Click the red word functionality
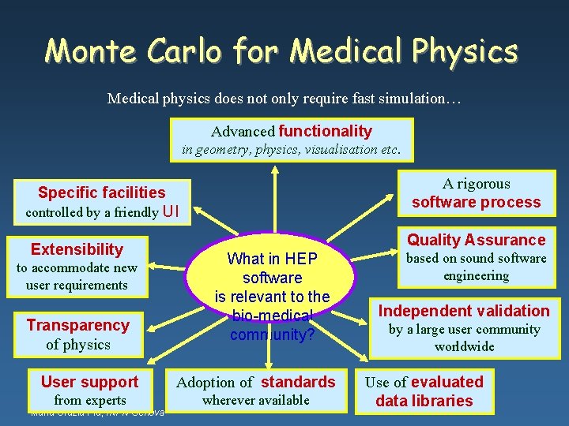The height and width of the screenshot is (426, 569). pyautogui.click(x=325, y=131)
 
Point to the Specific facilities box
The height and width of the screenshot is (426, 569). pyautogui.click(x=102, y=201)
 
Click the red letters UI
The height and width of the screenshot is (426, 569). pyautogui.click(x=171, y=211)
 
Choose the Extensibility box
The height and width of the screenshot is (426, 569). pyautogui.click(x=77, y=267)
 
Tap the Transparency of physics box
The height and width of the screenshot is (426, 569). pyautogui.click(x=77, y=334)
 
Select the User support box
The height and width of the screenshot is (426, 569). pyautogui.click(x=89, y=390)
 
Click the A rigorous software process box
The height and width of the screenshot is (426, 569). pyautogui.click(x=476, y=192)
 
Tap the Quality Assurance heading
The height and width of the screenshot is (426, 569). pyautogui.click(x=476, y=240)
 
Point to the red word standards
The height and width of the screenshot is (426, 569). pyautogui.click(x=298, y=383)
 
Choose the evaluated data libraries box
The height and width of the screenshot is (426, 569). pyautogui.click(x=424, y=390)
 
